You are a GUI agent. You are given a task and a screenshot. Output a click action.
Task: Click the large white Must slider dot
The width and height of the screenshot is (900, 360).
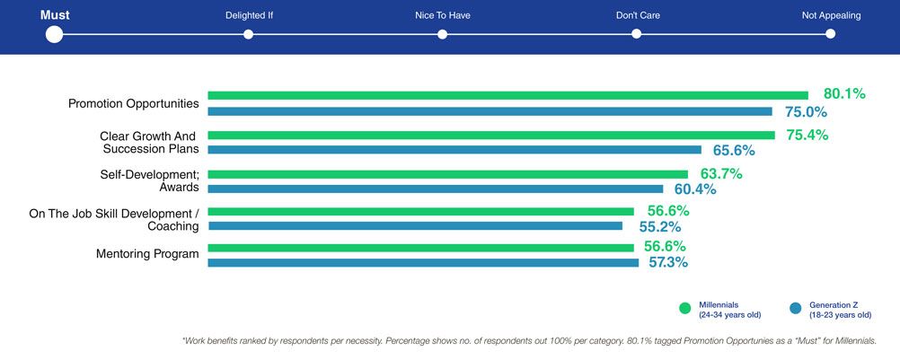tap(54, 34)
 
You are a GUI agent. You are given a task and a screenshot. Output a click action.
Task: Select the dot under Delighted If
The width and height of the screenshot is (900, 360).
tap(249, 34)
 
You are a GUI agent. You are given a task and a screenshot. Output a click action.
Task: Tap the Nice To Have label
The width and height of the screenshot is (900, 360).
tap(442, 15)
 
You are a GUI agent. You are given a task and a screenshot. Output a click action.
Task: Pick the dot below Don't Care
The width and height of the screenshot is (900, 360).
tap(636, 34)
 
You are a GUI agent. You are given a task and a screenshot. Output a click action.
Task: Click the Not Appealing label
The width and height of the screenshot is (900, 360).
tap(831, 15)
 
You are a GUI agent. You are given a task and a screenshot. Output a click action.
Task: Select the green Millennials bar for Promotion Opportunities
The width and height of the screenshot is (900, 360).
tap(507, 95)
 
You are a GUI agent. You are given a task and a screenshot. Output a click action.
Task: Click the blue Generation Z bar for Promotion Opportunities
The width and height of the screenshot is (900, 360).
tap(490, 111)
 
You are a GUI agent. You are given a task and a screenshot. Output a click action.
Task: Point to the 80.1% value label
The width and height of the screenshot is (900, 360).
tap(844, 93)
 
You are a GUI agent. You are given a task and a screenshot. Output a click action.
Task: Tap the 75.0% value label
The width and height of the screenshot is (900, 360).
tap(806, 112)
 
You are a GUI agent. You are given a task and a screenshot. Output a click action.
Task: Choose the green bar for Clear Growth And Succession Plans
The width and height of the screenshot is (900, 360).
tap(491, 135)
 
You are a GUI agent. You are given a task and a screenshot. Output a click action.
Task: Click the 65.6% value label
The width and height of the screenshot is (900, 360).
tap(734, 150)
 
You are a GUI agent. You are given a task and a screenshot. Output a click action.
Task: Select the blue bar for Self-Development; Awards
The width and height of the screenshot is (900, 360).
tap(435, 189)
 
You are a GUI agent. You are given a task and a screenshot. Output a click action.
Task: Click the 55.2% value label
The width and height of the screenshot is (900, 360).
tap(656, 227)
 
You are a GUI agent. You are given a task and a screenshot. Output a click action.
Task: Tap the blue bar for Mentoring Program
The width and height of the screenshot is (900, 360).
tap(423, 263)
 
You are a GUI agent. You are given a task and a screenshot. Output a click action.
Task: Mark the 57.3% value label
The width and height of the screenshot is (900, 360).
tap(668, 263)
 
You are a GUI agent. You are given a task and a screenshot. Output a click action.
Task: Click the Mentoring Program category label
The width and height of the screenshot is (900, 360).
tap(147, 254)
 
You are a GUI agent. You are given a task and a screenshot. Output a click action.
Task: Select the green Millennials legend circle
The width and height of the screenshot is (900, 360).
tap(685, 309)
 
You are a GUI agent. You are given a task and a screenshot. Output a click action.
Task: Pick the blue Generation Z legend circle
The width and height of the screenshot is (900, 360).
tap(795, 309)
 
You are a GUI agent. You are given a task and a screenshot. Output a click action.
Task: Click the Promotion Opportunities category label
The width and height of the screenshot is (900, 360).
tap(134, 103)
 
